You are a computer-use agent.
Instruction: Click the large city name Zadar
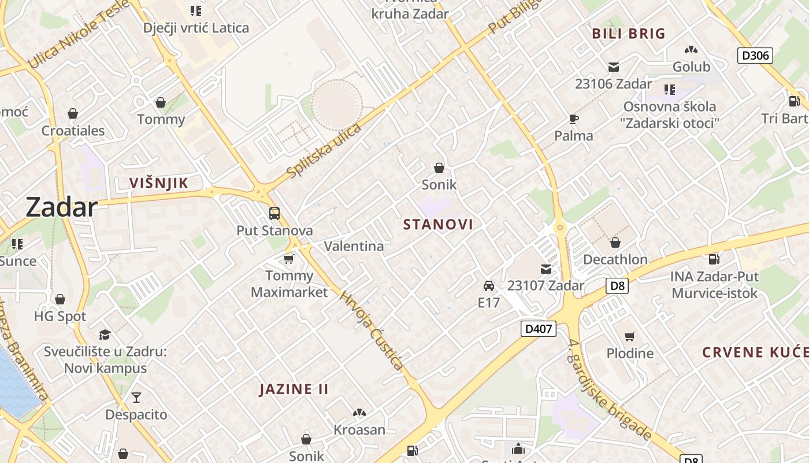(x=61, y=207)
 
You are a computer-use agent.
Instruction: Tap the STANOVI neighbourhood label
(x=438, y=225)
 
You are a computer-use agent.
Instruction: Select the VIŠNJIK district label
(x=158, y=183)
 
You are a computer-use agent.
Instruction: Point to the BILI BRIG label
(x=629, y=34)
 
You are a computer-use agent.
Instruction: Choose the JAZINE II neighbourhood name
(x=294, y=389)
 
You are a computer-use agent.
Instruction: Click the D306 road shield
(x=755, y=56)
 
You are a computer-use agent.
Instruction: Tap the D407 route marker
(x=538, y=329)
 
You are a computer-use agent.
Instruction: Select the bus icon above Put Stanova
(x=274, y=214)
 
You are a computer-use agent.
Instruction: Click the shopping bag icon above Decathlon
(x=615, y=242)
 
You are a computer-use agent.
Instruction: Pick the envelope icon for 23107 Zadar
(x=546, y=269)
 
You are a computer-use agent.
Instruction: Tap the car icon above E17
(x=489, y=285)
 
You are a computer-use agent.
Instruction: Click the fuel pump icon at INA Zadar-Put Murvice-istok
(x=714, y=259)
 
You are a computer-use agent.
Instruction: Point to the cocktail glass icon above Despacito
(x=136, y=398)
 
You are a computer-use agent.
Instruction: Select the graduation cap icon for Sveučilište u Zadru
(x=105, y=335)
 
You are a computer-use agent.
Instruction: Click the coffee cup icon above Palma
(x=573, y=119)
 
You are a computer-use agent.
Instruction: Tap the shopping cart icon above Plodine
(x=630, y=336)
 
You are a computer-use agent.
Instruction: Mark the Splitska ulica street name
(x=324, y=150)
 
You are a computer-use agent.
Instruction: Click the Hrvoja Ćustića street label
(x=371, y=330)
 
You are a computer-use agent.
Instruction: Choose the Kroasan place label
(x=359, y=429)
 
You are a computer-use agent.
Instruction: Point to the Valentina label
(x=354, y=246)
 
